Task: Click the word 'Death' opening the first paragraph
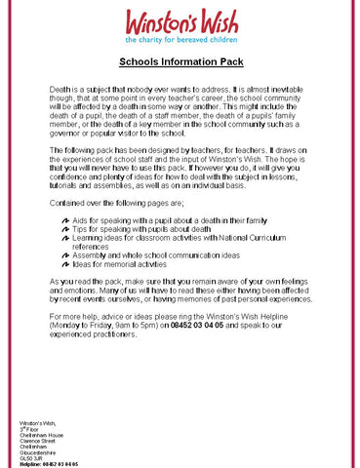pyautogui.click(x=60, y=89)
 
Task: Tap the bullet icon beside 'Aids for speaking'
pyautogui.click(x=64, y=222)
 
